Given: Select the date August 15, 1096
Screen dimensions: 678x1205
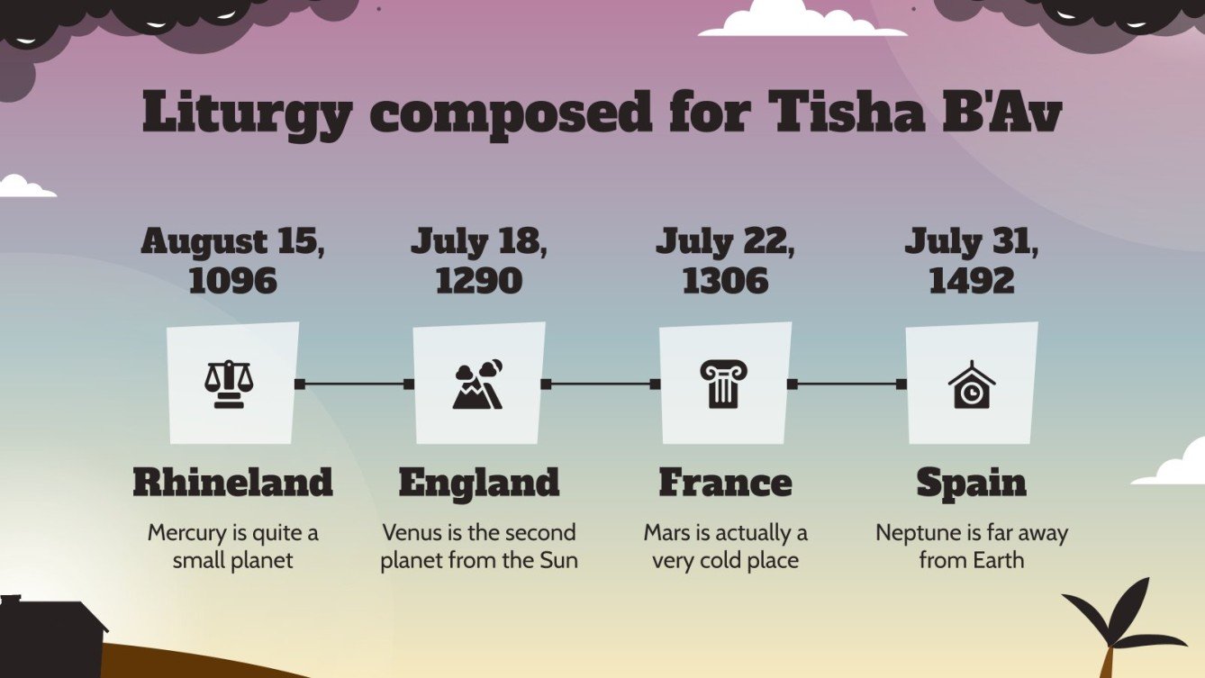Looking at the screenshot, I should (232, 261).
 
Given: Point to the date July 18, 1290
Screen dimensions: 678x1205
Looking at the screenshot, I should (478, 261).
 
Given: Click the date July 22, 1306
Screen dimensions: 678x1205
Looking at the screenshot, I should (725, 261).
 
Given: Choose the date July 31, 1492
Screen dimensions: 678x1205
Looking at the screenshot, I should (972, 261).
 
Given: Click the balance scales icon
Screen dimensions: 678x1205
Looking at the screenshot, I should (229, 384).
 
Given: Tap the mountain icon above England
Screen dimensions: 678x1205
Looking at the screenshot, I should (477, 384).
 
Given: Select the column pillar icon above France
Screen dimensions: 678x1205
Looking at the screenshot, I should (723, 384).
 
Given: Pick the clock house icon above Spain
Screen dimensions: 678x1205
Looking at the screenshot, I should (972, 385).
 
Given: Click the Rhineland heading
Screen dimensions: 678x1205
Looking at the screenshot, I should (232, 483).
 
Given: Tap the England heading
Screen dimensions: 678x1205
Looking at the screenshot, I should (478, 483).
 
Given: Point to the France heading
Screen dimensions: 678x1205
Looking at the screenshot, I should (725, 483).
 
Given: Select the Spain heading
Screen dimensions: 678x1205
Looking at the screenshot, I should (972, 483).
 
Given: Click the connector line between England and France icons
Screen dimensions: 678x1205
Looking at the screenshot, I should (601, 384).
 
